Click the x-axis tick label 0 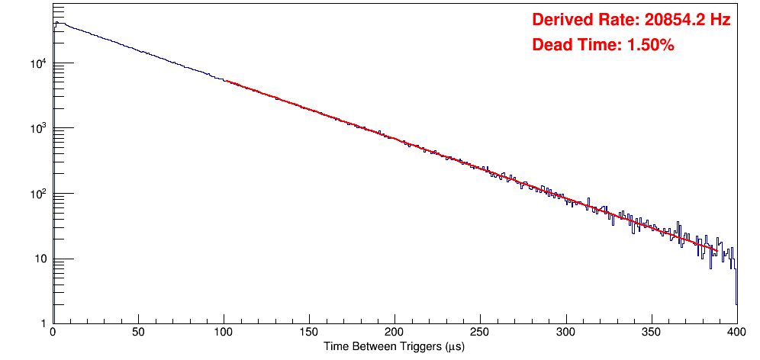pyautogui.click(x=52, y=332)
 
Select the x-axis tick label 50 pyautogui.click(x=138, y=332)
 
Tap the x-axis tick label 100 pyautogui.click(x=224, y=332)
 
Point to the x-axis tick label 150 pyautogui.click(x=309, y=332)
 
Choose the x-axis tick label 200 pyautogui.click(x=394, y=332)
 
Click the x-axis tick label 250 pyautogui.click(x=480, y=332)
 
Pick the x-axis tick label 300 pyautogui.click(x=565, y=332)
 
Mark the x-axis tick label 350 pyautogui.click(x=651, y=332)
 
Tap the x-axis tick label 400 pyautogui.click(x=736, y=332)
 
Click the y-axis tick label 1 pyautogui.click(x=44, y=324)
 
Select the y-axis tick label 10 pyautogui.click(x=42, y=259)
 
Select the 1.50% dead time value pyautogui.click(x=650, y=46)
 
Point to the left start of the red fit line pyautogui.click(x=226, y=81)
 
